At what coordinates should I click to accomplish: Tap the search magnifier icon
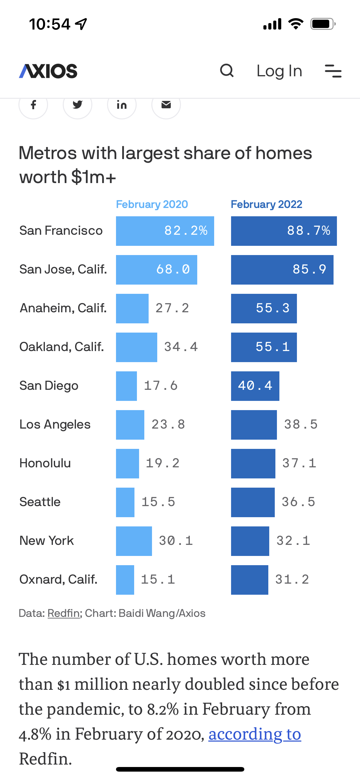227,71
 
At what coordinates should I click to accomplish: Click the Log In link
279,71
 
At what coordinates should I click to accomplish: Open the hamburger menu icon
333,71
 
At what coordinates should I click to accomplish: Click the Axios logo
48,71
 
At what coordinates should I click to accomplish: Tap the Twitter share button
78,105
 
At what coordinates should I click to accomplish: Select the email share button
166,105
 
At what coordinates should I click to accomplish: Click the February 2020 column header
152,204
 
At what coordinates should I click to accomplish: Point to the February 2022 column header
266,204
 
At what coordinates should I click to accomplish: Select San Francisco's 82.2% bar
165,231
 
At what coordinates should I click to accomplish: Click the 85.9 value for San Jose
309,270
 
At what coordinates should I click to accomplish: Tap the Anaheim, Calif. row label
63,308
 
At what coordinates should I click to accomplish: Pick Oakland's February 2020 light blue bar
136,347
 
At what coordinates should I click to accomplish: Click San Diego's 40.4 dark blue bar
255,386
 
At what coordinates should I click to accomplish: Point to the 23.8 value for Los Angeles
168,425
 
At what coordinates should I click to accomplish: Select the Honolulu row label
45,463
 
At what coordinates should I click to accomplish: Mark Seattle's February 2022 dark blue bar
253,502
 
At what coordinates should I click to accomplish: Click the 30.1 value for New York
176,541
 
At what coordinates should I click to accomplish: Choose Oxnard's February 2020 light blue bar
125,580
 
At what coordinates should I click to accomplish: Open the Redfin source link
64,613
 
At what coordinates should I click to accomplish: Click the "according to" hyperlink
255,734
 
